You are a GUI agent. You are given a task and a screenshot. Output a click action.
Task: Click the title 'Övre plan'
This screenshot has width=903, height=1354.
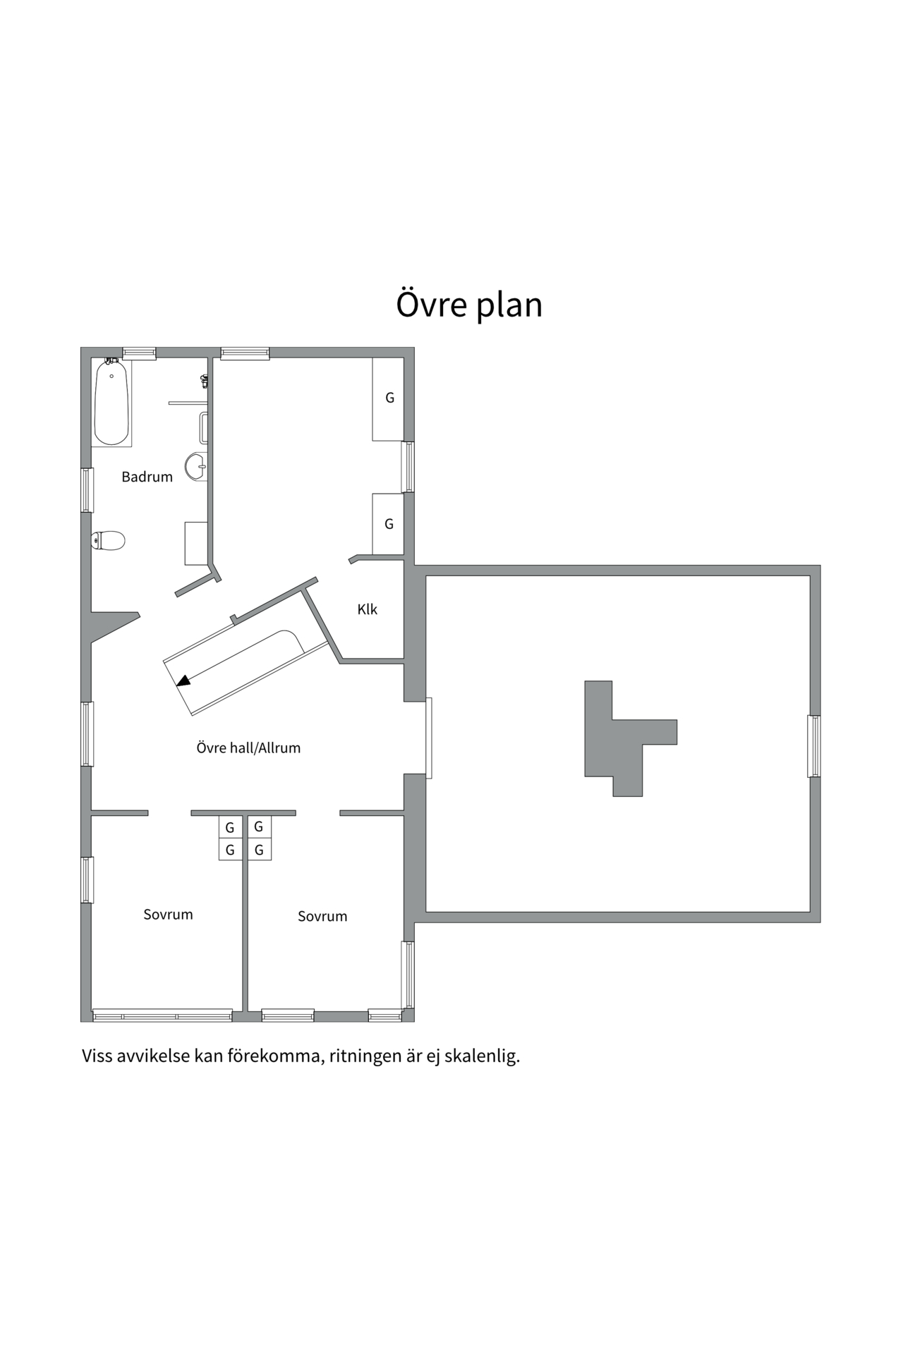pyautogui.click(x=468, y=305)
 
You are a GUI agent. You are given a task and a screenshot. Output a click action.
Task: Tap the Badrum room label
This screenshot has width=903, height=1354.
pyautogui.click(x=147, y=477)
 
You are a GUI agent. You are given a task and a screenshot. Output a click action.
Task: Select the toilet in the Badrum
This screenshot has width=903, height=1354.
pyautogui.click(x=108, y=540)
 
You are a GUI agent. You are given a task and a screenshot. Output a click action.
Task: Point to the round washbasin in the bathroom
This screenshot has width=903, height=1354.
pyautogui.click(x=196, y=466)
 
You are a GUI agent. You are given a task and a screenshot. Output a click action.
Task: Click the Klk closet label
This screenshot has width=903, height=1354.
pyautogui.click(x=367, y=609)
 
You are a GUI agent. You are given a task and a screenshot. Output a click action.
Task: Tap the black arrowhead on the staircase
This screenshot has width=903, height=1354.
pyautogui.click(x=183, y=681)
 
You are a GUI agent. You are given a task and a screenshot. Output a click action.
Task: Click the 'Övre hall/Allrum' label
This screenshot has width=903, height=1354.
pyautogui.click(x=248, y=748)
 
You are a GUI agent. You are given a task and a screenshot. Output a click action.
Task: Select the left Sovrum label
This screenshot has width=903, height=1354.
pyautogui.click(x=168, y=914)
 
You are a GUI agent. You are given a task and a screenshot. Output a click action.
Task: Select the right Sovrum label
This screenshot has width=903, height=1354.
pyautogui.click(x=322, y=916)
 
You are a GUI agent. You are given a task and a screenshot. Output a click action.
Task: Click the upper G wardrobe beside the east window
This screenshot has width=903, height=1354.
pyautogui.click(x=389, y=398)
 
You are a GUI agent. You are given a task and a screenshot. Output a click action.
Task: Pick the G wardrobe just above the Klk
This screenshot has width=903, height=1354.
pyautogui.click(x=388, y=524)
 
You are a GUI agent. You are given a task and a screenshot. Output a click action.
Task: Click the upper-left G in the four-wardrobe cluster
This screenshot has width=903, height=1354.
pyautogui.click(x=230, y=828)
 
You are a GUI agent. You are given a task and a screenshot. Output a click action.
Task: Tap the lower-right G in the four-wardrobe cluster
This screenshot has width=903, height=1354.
pyautogui.click(x=259, y=850)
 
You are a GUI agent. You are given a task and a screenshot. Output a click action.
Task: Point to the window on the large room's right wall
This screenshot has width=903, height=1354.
pyautogui.click(x=813, y=746)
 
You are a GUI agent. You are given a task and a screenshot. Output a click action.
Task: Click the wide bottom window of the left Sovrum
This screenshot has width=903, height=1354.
pyautogui.click(x=162, y=1015)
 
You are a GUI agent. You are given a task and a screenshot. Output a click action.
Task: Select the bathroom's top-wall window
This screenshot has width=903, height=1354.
pyautogui.click(x=139, y=353)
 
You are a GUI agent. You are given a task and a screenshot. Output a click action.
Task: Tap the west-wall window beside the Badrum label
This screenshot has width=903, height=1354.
pyautogui.click(x=87, y=489)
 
